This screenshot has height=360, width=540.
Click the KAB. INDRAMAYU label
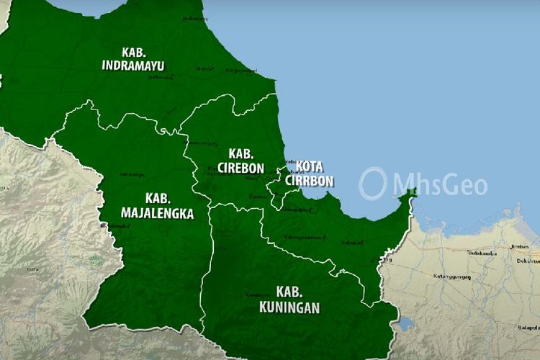tap(132, 59)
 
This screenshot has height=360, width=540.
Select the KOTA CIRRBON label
tap(309, 174)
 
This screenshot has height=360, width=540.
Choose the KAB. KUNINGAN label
tap(288, 300)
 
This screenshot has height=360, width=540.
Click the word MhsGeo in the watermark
tap(440, 184)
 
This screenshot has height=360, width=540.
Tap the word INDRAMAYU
tap(132, 66)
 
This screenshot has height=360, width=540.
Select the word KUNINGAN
tap(288, 307)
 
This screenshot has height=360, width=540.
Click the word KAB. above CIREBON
tap(240, 153)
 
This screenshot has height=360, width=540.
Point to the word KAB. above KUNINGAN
tap(288, 292)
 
